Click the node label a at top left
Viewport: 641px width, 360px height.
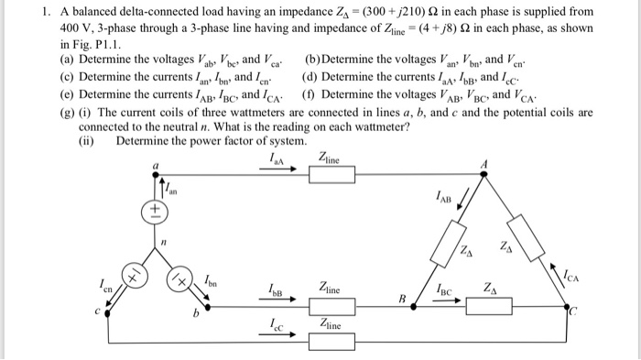(154, 165)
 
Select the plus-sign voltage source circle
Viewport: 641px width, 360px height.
(155, 210)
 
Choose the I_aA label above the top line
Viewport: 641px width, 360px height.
(275, 159)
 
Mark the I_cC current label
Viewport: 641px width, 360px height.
(275, 324)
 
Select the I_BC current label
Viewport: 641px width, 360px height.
(446, 290)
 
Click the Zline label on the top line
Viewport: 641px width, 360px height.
(331, 159)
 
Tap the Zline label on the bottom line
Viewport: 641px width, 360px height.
(331, 325)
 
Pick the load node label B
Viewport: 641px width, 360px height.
(401, 299)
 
